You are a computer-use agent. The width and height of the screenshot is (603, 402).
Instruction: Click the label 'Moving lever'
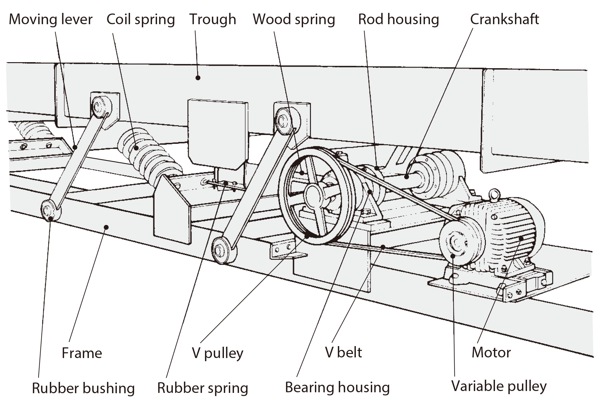pyautogui.click(x=51, y=19)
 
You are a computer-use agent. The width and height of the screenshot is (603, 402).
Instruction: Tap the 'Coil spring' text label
pyautogui.click(x=140, y=19)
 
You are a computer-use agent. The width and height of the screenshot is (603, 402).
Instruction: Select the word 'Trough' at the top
pyautogui.click(x=213, y=19)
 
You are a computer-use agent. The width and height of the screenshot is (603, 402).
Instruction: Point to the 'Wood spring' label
pyautogui.click(x=294, y=19)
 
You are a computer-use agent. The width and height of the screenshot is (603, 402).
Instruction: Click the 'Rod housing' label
pyautogui.click(x=398, y=19)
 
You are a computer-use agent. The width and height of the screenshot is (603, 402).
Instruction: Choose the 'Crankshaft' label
pyautogui.click(x=504, y=19)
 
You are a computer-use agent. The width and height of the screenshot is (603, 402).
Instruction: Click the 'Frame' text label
pyautogui.click(x=82, y=353)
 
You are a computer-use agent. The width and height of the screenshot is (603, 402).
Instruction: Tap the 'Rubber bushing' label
pyautogui.click(x=83, y=388)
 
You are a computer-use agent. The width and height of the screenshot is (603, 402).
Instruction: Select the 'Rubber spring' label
pyautogui.click(x=203, y=388)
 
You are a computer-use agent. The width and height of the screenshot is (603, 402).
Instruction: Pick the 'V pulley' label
pyautogui.click(x=217, y=353)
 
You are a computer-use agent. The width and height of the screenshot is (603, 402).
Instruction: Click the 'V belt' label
pyautogui.click(x=343, y=353)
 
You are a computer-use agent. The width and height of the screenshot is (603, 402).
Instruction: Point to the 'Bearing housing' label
pyautogui.click(x=337, y=388)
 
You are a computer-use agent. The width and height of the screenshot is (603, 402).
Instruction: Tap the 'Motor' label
pyautogui.click(x=491, y=353)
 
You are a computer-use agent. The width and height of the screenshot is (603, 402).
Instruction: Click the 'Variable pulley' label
pyautogui.click(x=499, y=386)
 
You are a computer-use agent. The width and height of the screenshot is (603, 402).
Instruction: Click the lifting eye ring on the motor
pyautogui.click(x=494, y=193)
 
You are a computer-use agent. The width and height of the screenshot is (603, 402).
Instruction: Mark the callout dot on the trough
pyautogui.click(x=198, y=77)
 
